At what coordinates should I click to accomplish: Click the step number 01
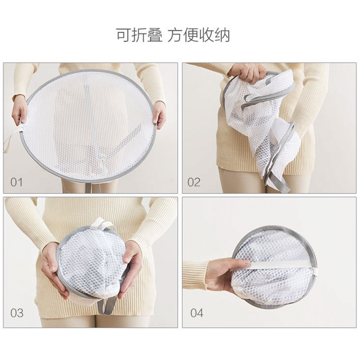16,182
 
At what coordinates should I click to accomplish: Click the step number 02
194,182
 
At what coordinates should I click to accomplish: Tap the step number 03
17,313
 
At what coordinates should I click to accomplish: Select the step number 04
197,313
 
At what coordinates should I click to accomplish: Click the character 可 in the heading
124,35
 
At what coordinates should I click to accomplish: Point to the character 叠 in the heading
155,35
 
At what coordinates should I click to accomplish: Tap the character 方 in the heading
175,35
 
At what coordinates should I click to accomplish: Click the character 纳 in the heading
222,35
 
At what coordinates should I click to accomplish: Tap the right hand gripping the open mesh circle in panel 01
159,114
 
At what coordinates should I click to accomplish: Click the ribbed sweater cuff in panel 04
195,275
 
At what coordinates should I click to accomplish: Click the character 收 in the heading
206,35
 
